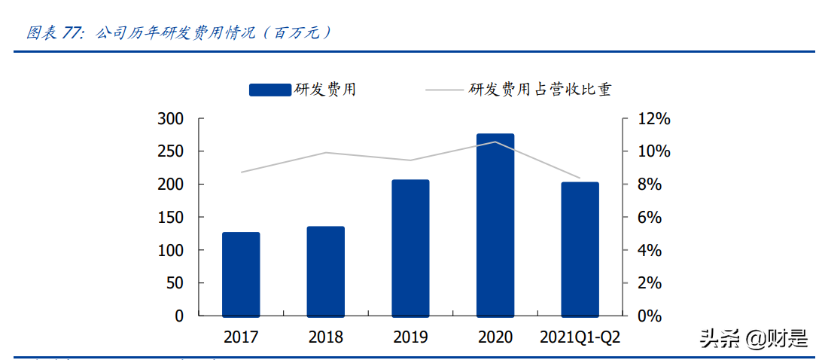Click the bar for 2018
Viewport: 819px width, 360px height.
(x=325, y=270)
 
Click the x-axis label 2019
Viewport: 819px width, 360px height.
(x=410, y=337)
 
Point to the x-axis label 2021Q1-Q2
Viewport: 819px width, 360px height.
(x=580, y=337)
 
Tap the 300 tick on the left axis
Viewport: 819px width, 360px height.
(x=171, y=119)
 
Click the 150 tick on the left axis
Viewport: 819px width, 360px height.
(x=171, y=218)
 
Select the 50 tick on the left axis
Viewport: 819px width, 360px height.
(x=175, y=283)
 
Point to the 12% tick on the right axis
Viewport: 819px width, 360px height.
(x=654, y=119)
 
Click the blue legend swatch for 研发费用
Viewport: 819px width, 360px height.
(x=270, y=90)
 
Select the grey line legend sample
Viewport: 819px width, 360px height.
(x=444, y=90)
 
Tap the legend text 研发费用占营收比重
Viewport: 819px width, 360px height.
(x=540, y=90)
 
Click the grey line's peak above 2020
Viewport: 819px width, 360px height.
(x=495, y=142)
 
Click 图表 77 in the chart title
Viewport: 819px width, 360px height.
(x=53, y=33)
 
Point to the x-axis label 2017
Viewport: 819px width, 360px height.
(x=241, y=337)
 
